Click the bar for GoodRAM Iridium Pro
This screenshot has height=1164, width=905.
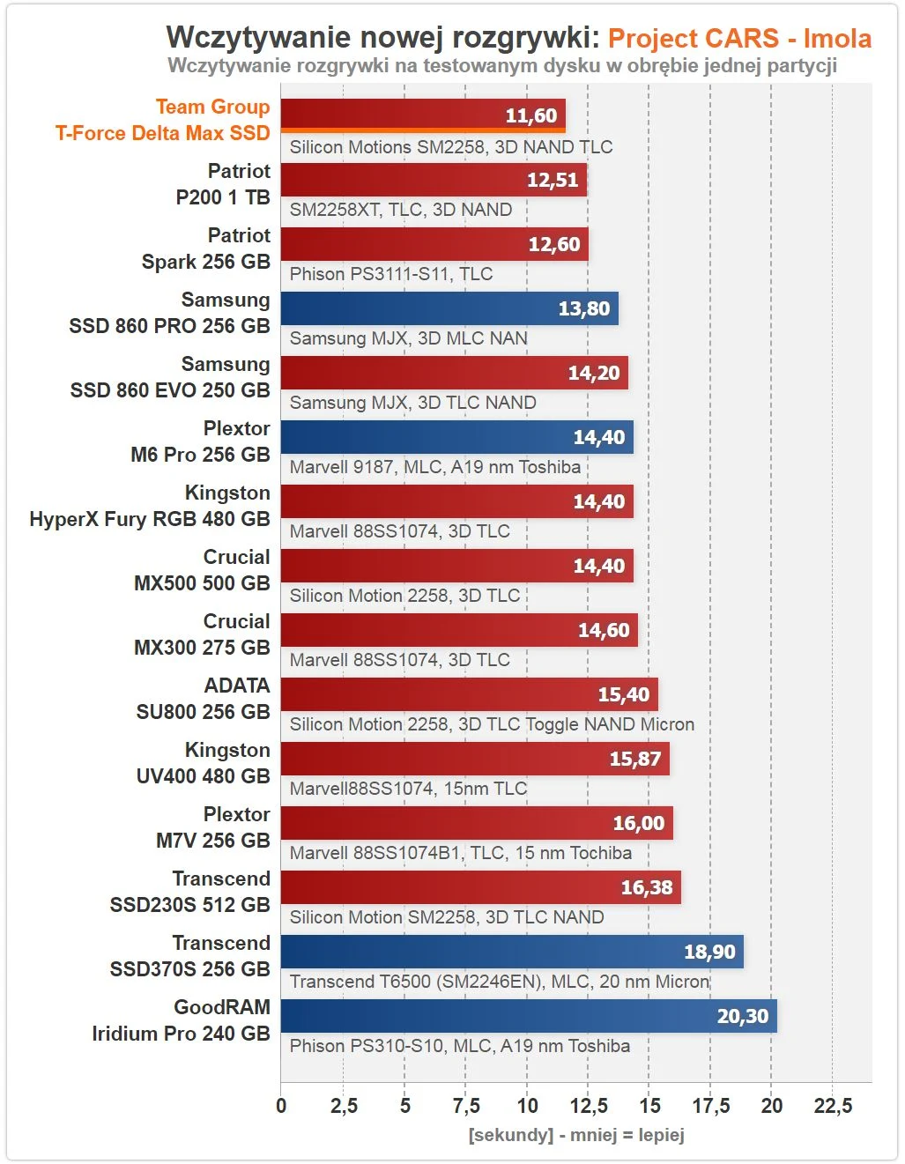pyautogui.click(x=529, y=1015)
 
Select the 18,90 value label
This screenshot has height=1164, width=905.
pyautogui.click(x=709, y=952)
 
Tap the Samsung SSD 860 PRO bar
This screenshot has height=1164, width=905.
pyautogui.click(x=449, y=308)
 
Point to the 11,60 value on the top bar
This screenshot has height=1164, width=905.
pyautogui.click(x=530, y=115)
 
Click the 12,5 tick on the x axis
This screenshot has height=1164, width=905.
pyautogui.click(x=589, y=1106)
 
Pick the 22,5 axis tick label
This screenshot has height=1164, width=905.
pyautogui.click(x=833, y=1106)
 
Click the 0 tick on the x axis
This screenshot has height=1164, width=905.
pyautogui.click(x=281, y=1106)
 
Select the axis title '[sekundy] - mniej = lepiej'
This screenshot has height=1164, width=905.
pyautogui.click(x=576, y=1135)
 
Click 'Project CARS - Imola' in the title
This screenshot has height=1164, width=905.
pyautogui.click(x=739, y=39)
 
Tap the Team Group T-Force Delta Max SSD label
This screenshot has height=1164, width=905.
pyautogui.click(x=163, y=120)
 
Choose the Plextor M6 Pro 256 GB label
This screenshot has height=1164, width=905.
pyautogui.click(x=201, y=441)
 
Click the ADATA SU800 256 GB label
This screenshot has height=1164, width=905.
pyautogui.click(x=204, y=699)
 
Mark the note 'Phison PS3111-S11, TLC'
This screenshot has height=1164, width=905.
pyautogui.click(x=391, y=274)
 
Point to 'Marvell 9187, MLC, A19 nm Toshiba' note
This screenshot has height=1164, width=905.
pyautogui.click(x=435, y=467)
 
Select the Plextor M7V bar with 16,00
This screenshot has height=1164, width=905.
pyautogui.click(x=476, y=823)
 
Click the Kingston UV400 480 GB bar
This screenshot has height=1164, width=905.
pyautogui.click(x=475, y=759)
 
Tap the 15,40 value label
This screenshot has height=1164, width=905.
pyautogui.click(x=623, y=694)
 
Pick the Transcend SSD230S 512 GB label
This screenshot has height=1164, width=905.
pyautogui.click(x=190, y=892)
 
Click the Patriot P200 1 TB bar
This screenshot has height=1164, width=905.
pyautogui.click(x=434, y=180)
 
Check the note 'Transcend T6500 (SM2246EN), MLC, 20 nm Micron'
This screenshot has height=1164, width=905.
pyautogui.click(x=500, y=982)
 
